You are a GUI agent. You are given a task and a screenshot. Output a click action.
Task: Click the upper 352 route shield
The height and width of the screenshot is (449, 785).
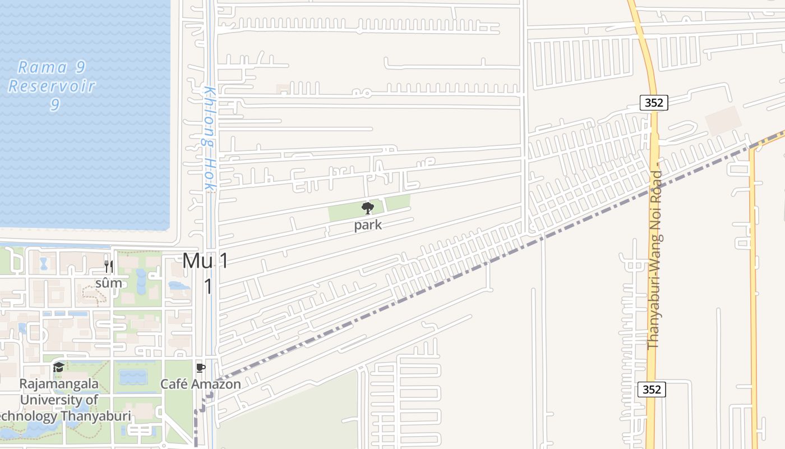tap(654, 103)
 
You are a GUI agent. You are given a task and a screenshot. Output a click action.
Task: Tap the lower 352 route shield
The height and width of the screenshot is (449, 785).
tap(652, 389)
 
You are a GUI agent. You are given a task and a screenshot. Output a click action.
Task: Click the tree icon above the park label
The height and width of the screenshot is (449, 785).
tap(368, 209)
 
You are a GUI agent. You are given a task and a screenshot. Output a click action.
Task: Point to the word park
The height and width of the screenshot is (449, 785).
tap(368, 225)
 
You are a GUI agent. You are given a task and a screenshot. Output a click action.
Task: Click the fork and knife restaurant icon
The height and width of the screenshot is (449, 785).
tap(109, 267)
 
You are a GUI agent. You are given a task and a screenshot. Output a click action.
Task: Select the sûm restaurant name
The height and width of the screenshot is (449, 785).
tap(109, 283)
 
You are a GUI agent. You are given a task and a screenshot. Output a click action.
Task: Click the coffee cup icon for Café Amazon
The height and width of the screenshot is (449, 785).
tap(200, 368)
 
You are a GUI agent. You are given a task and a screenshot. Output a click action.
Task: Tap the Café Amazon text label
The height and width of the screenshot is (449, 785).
tap(201, 384)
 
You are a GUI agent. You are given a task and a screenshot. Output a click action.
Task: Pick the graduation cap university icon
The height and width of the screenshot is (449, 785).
tap(58, 368)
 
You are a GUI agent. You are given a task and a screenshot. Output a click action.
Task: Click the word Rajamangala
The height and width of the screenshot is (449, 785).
tap(59, 384)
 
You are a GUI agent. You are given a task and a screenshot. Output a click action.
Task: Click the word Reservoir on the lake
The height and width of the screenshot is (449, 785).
tap(52, 86)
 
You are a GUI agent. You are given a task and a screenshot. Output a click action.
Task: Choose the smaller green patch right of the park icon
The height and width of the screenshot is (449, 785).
tap(398, 203)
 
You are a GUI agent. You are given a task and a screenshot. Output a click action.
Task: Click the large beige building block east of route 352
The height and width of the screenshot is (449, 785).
tap(723, 121)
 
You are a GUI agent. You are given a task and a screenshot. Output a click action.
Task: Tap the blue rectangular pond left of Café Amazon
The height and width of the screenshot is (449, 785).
tap(133, 377)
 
